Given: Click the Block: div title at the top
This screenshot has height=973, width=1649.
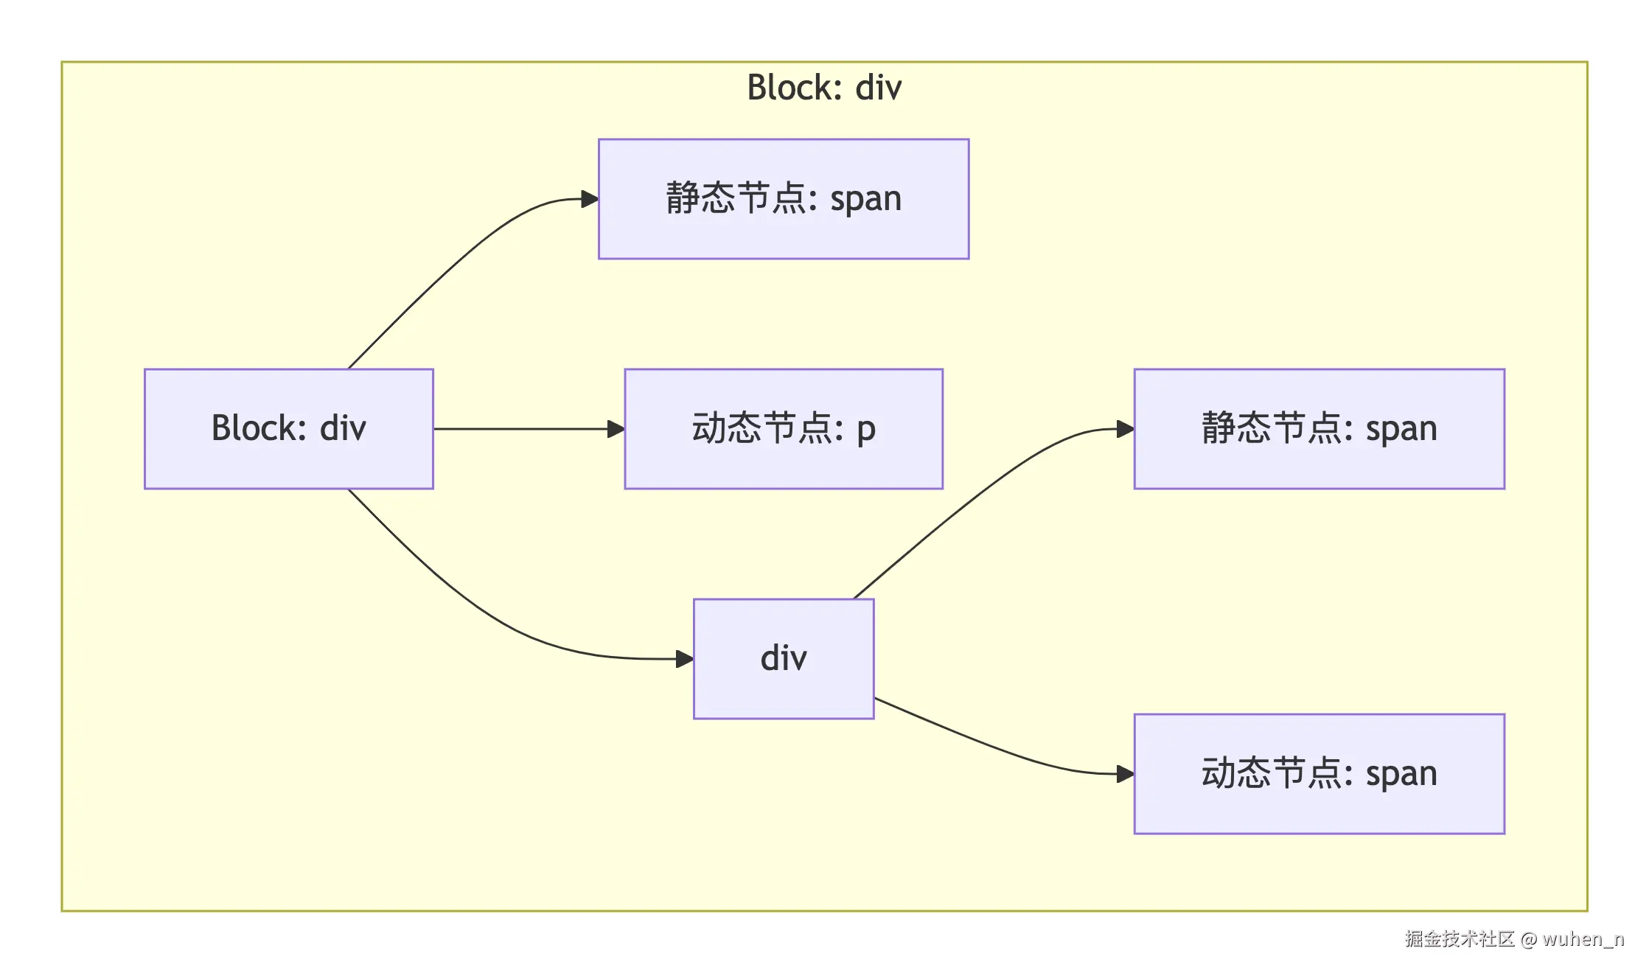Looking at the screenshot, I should coord(823,88).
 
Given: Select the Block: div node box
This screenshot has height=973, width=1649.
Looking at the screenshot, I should coord(288,428).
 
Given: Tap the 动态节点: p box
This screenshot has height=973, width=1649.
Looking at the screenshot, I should coord(783,428).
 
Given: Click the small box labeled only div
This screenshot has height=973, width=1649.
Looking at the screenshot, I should coord(783,658).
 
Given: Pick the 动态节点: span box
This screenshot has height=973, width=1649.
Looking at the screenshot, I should coord(1318,773).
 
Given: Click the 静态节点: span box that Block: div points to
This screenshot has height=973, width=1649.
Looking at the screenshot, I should coord(783,199).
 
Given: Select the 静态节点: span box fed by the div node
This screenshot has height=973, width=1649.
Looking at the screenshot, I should coord(1318,428).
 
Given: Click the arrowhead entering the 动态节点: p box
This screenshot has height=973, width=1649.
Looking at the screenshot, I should coord(616,429).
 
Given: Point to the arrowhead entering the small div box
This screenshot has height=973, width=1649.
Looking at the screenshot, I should coord(685,658).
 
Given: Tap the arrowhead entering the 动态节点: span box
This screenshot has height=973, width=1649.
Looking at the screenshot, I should coord(1125,774).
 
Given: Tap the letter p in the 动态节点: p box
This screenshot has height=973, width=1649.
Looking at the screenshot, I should coord(866,430).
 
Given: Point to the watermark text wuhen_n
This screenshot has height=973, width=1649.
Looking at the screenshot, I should coord(1583,939).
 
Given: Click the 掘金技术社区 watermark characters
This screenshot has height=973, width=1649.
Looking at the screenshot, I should coord(1459,939).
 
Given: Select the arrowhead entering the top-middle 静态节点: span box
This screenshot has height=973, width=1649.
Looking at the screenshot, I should coord(590,199).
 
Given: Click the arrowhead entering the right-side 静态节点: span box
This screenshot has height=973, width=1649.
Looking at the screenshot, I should coord(1125,429).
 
